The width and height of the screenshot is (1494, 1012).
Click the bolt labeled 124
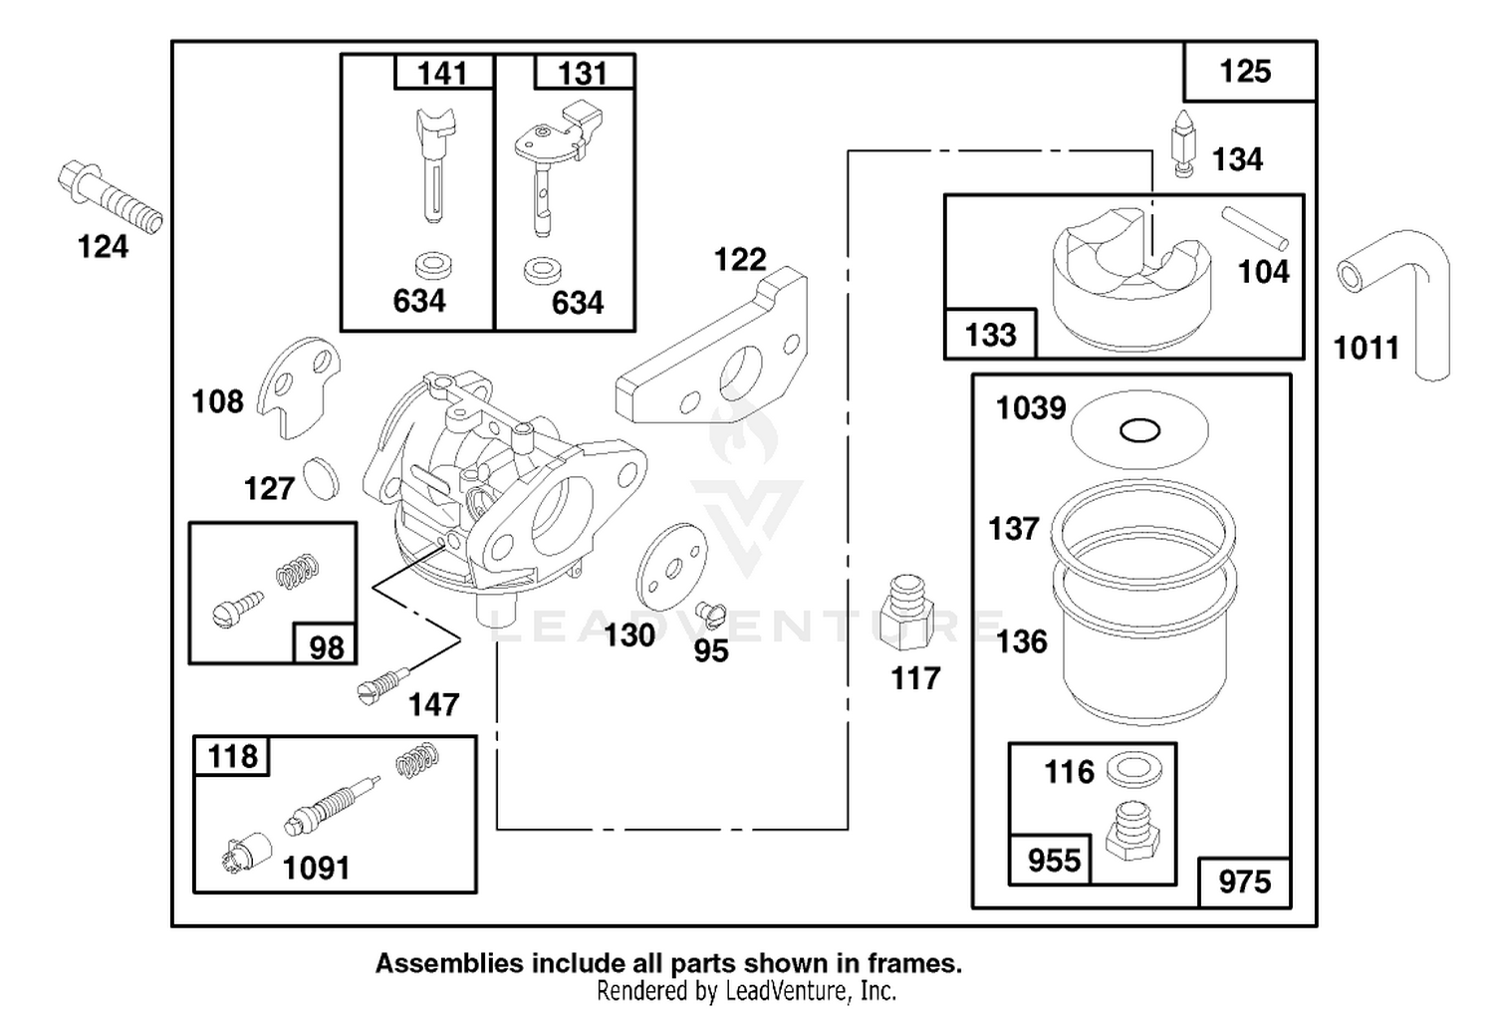click(x=110, y=197)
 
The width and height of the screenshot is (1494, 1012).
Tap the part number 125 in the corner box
click(x=1245, y=72)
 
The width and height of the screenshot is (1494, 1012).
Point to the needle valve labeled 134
click(x=1183, y=144)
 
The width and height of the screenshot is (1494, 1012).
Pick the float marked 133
click(x=1131, y=280)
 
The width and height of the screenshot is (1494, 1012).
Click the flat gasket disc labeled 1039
click(x=1139, y=429)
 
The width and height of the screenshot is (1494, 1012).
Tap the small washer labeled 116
click(x=1133, y=769)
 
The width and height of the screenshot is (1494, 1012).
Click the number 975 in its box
click(x=1245, y=882)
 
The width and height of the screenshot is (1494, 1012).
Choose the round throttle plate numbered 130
click(x=671, y=567)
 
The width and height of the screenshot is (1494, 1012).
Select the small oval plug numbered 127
click(x=321, y=478)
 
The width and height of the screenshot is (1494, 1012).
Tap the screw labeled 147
click(x=382, y=685)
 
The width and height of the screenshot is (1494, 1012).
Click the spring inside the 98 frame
click(x=297, y=571)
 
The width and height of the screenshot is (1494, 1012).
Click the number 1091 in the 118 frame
click(x=316, y=869)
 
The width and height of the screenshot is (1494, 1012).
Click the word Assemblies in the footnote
click(x=449, y=963)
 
